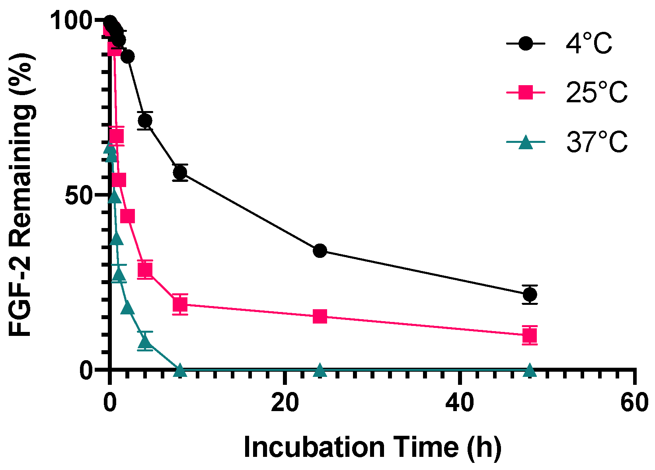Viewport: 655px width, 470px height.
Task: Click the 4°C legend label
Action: [589, 43]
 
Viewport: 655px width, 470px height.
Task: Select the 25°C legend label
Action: [597, 92]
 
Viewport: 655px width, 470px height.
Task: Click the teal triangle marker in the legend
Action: [526, 142]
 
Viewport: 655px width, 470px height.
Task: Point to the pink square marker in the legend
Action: [526, 92]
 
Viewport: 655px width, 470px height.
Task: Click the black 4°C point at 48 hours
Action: [530, 294]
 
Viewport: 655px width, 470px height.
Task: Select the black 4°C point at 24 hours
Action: [320, 251]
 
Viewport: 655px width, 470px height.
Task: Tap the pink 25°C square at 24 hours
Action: [320, 317]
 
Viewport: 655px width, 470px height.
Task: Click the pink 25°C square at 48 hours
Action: [530, 335]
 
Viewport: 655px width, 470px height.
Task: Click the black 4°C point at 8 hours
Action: [180, 172]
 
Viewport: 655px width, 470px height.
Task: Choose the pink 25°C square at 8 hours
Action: [180, 304]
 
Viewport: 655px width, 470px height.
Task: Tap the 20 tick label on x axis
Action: [285, 403]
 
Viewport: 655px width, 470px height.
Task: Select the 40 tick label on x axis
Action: [460, 403]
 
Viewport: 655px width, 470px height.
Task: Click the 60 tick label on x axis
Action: [634, 403]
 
